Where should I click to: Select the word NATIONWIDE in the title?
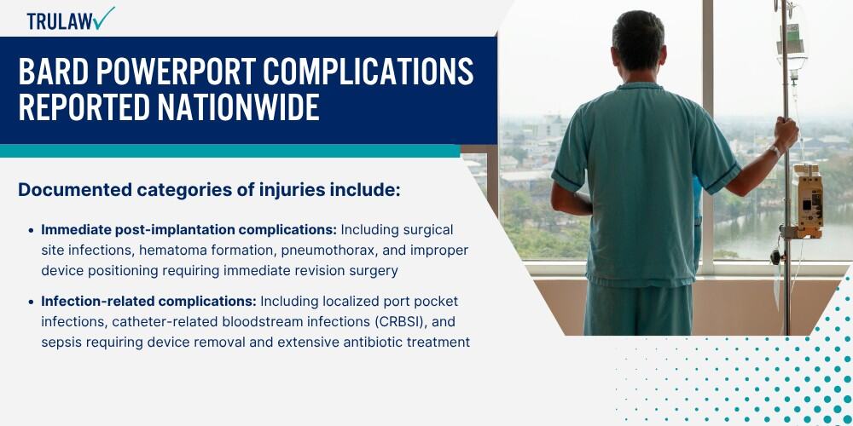click(x=238, y=107)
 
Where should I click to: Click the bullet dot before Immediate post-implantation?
click(x=31, y=230)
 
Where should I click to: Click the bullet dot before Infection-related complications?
click(x=31, y=302)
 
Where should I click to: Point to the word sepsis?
click(x=61, y=343)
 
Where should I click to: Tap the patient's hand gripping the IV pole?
click(x=785, y=135)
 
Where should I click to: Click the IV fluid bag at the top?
click(x=791, y=39)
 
